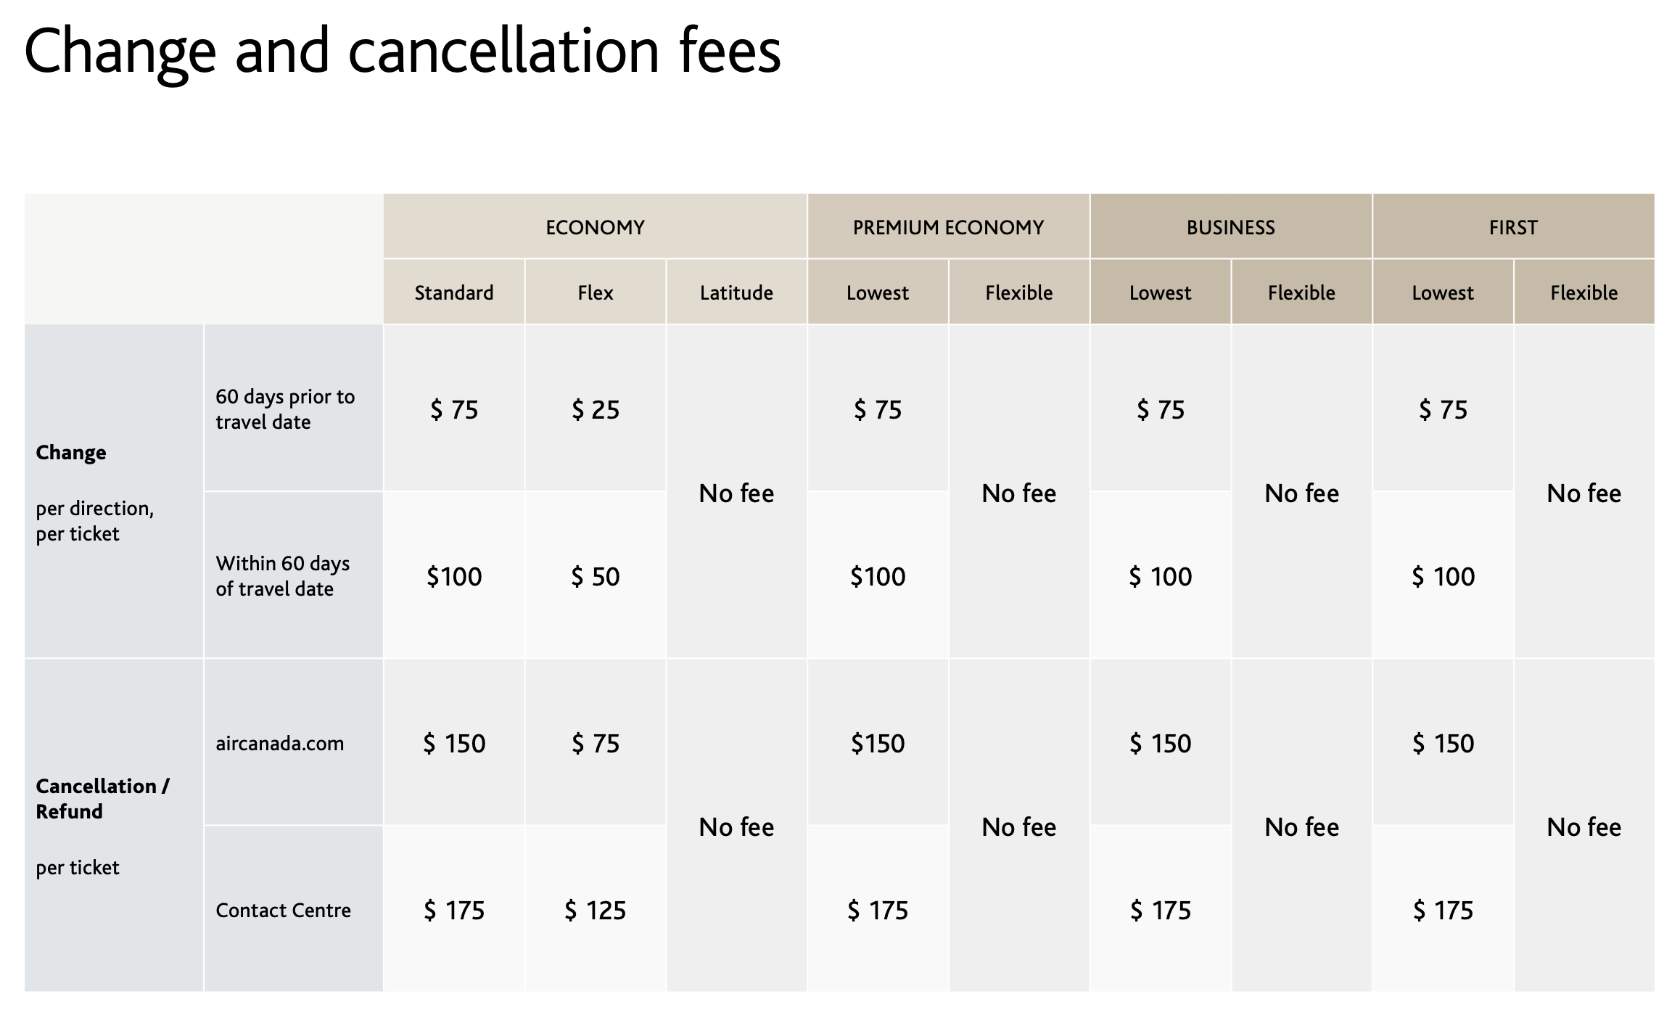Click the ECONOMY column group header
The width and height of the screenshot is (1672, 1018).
coord(595,227)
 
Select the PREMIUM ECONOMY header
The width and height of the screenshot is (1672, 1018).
coord(947,227)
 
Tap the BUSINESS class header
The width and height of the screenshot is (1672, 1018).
coord(1230,227)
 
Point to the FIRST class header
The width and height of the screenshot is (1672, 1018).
coord(1512,227)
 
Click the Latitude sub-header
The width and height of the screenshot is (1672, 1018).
coord(736,292)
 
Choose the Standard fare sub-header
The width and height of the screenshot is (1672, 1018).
coord(453,292)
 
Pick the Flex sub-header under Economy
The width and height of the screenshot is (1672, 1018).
coord(595,292)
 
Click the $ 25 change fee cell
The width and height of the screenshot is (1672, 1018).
coord(595,409)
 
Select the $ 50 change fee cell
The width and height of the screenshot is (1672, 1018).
coord(595,576)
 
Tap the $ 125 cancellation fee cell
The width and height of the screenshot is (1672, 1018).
coord(595,910)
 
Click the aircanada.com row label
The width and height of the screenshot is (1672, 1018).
coord(279,743)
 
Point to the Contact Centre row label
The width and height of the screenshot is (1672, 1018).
coord(283,910)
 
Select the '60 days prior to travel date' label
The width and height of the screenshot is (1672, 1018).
coord(284,409)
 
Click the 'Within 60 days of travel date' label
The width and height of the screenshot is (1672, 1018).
coord(282,576)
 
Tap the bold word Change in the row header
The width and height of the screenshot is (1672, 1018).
coord(71,452)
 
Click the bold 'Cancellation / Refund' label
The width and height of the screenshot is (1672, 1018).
coord(102,798)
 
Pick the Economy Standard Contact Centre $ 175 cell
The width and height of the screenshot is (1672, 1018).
coord(453,910)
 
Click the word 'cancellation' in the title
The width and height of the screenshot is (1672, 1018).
coord(503,51)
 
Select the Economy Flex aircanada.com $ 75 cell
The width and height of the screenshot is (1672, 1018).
coord(595,743)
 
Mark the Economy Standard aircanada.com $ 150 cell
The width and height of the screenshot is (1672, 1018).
coord(453,743)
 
